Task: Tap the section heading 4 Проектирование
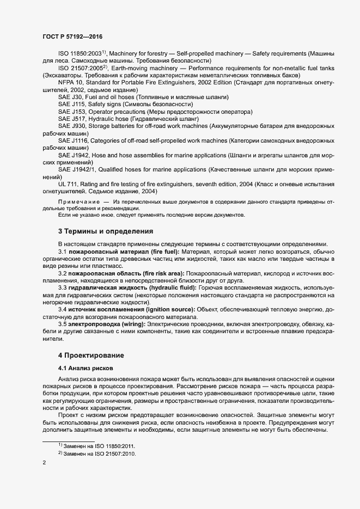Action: (91, 355)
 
